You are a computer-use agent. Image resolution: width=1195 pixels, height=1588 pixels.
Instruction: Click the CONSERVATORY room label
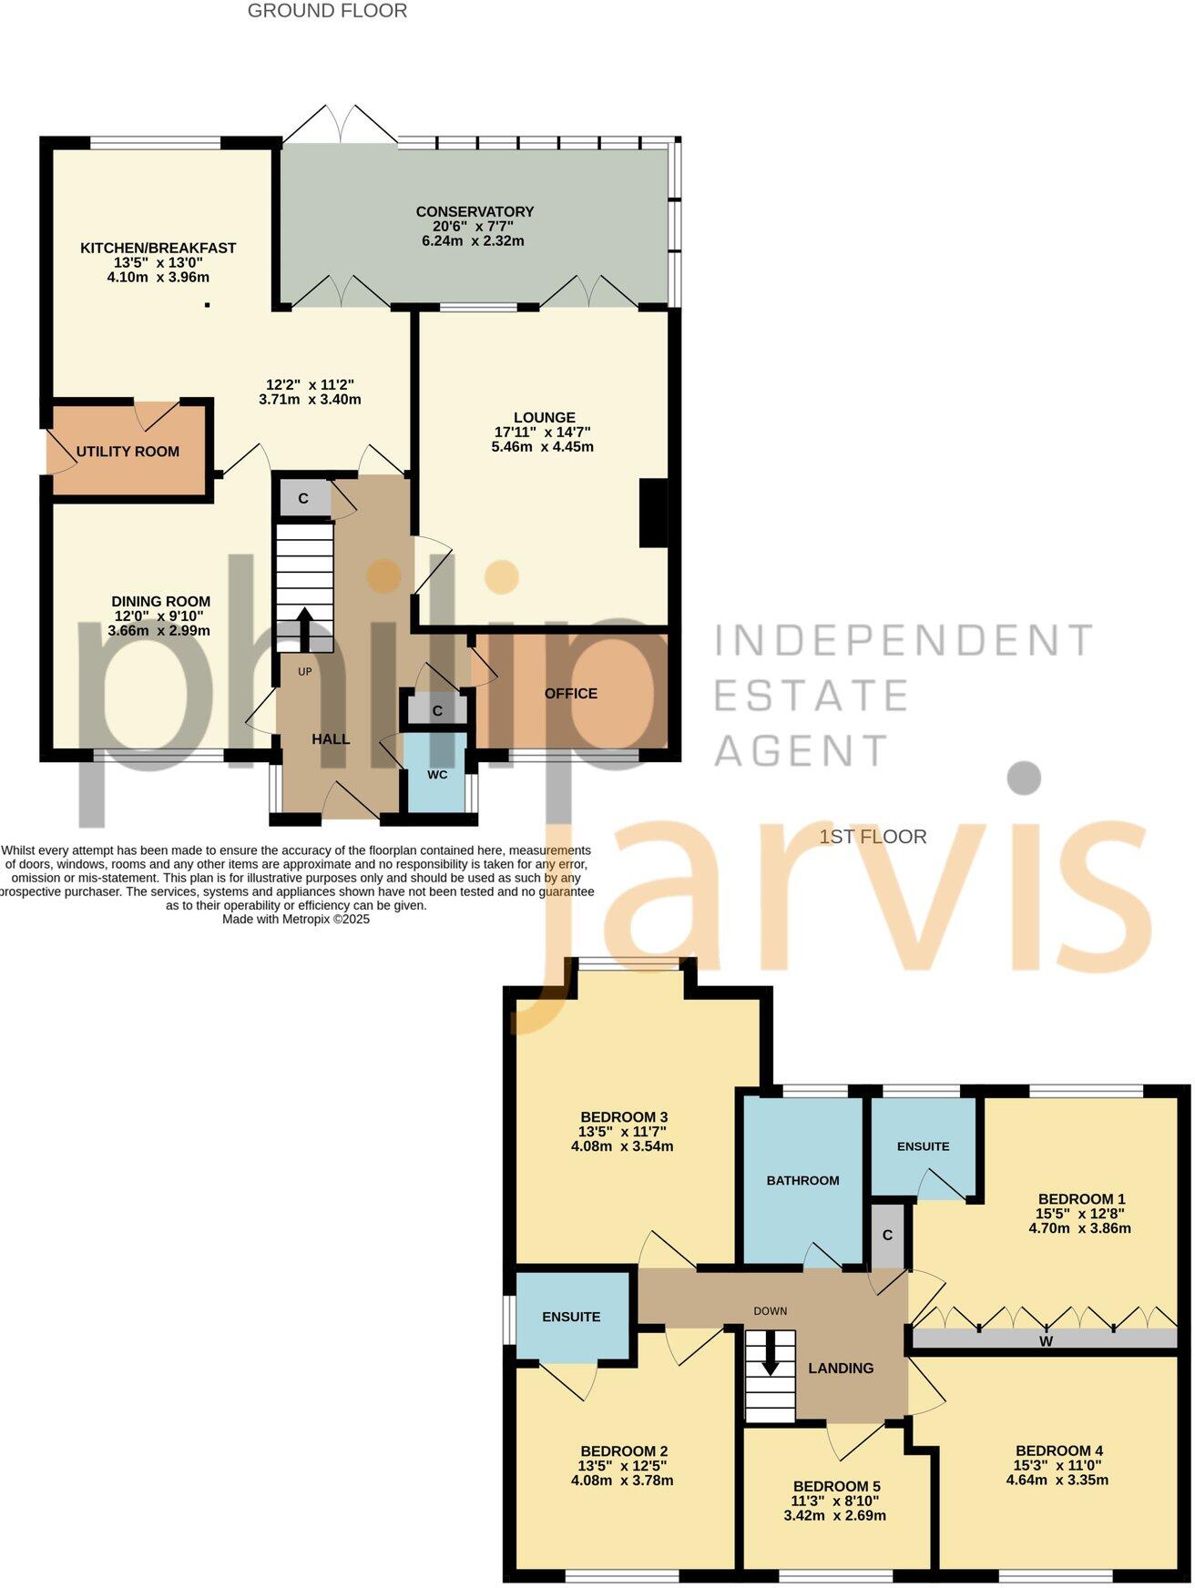pos(475,211)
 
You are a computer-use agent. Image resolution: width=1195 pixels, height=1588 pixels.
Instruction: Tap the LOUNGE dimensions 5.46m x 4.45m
pos(545,447)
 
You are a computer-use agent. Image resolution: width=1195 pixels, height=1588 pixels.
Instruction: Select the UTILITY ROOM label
pos(128,452)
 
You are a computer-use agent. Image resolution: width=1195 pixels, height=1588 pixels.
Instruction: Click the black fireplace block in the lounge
pos(653,514)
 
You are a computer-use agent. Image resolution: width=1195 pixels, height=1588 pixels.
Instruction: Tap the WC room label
pos(437,775)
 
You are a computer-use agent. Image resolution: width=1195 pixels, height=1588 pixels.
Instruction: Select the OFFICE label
pos(571,694)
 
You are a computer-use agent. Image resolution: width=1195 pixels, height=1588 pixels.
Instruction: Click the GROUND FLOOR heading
pos(328,11)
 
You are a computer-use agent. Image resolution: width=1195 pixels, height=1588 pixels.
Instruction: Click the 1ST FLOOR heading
pos(873,837)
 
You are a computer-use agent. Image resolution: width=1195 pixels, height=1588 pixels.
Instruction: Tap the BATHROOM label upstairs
pos(802,1180)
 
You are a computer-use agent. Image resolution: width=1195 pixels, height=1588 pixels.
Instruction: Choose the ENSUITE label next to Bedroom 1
pos(923,1146)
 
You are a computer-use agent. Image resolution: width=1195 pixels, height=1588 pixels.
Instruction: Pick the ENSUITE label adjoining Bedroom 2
pos(571,1317)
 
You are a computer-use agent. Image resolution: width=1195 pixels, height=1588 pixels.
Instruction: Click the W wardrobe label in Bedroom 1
pos(1046,1341)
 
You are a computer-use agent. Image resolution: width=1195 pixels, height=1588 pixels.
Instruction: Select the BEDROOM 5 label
pos(836,1486)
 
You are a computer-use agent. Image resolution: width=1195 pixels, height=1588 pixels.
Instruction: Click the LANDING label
pos(841,1368)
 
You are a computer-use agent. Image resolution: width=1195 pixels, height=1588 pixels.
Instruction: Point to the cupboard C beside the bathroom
pos(887,1236)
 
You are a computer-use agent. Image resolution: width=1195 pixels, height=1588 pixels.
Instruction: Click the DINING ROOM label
pos(161,601)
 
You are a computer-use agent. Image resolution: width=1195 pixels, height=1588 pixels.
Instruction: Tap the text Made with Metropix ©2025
pos(296,920)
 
